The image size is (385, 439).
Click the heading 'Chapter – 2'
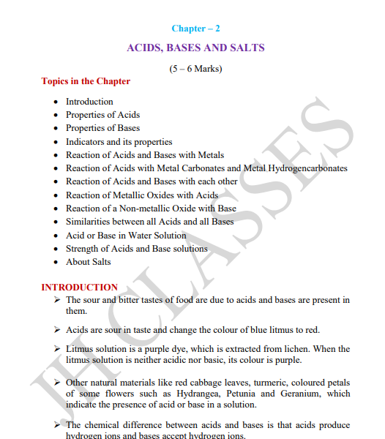(195, 29)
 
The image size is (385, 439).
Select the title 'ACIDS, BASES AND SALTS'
(195, 48)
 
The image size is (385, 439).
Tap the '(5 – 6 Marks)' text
(195, 69)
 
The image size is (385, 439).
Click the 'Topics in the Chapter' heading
(86, 81)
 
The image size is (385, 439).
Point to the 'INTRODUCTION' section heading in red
(79, 288)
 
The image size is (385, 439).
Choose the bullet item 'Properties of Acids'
(102, 115)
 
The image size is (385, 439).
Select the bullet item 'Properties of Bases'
(102, 128)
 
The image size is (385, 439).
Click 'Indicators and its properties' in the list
(119, 142)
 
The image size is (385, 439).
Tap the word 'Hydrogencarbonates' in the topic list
(307, 168)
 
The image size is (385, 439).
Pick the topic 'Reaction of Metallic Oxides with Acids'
(142, 195)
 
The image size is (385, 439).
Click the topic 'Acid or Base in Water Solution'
(126, 236)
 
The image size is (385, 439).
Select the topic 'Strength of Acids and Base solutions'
(136, 249)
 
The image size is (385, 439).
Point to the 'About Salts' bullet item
(88, 262)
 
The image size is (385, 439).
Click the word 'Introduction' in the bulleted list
(89, 102)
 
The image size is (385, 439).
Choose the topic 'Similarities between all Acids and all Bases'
(149, 222)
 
